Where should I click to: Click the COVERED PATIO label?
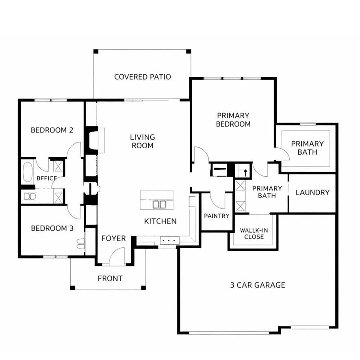142,77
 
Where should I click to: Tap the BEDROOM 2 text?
52,130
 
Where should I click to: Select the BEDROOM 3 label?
52,228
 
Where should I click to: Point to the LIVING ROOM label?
142,141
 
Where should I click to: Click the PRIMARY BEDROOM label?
233,120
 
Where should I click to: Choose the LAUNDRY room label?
312,193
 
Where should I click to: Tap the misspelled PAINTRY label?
217,216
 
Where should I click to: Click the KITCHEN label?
160,221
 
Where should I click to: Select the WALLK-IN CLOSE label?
254,234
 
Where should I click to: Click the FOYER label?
113,238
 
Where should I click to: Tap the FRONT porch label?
110,279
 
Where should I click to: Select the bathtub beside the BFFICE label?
28,172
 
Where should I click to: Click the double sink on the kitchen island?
159,204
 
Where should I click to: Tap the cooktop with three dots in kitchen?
169,241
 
